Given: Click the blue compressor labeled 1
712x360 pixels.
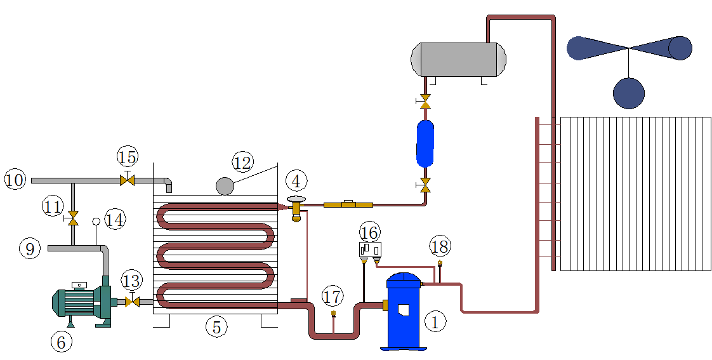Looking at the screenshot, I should [404, 311].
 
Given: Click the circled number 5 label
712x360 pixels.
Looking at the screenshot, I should [216, 327].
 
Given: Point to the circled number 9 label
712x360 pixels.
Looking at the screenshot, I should [30, 248].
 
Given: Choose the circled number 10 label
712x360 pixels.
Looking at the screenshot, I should [15, 180].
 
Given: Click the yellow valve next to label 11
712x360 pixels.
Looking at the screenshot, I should [73, 219].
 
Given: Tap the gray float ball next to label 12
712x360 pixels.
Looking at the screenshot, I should [225, 185].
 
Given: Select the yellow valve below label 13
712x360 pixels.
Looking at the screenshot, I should [132, 302].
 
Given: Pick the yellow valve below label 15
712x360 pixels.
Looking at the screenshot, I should [127, 180].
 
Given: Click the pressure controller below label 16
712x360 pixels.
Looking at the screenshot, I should [370, 249].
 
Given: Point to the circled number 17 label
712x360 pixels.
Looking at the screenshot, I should [332, 297].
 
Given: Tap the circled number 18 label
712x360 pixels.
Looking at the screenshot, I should [439, 246].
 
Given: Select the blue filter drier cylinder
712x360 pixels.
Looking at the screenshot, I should [425, 142].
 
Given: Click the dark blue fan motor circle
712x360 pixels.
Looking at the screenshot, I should [628, 93].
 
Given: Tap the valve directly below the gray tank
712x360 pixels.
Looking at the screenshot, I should [425, 100].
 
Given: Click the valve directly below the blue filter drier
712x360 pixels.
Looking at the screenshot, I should [425, 185].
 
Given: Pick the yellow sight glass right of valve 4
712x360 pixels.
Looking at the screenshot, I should [347, 204].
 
